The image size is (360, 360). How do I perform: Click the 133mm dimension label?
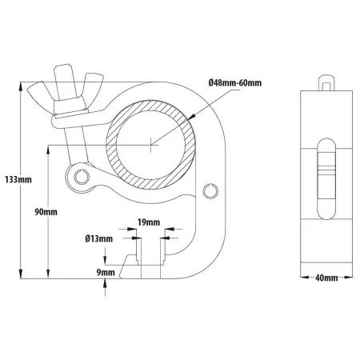18,179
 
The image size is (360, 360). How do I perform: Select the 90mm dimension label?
46,212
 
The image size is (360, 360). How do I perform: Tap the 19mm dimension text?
149,222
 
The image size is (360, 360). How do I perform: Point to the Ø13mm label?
99,238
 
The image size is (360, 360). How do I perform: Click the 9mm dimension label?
106,272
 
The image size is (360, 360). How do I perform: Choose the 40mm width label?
326,278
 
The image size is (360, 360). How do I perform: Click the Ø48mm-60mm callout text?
235,83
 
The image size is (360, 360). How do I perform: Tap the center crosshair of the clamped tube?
151,145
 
